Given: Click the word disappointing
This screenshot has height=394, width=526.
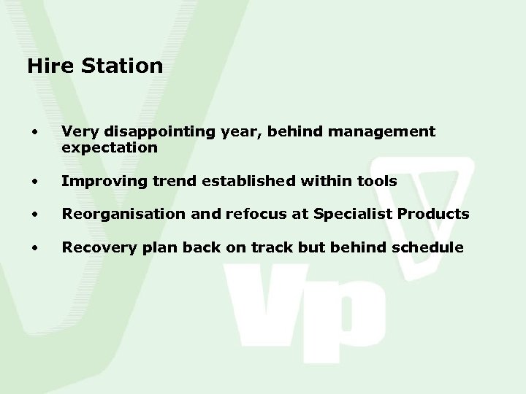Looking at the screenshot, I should tap(150, 132).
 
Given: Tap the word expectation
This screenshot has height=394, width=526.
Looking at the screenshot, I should tap(110, 147).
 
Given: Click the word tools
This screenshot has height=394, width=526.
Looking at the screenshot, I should tap(377, 180).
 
